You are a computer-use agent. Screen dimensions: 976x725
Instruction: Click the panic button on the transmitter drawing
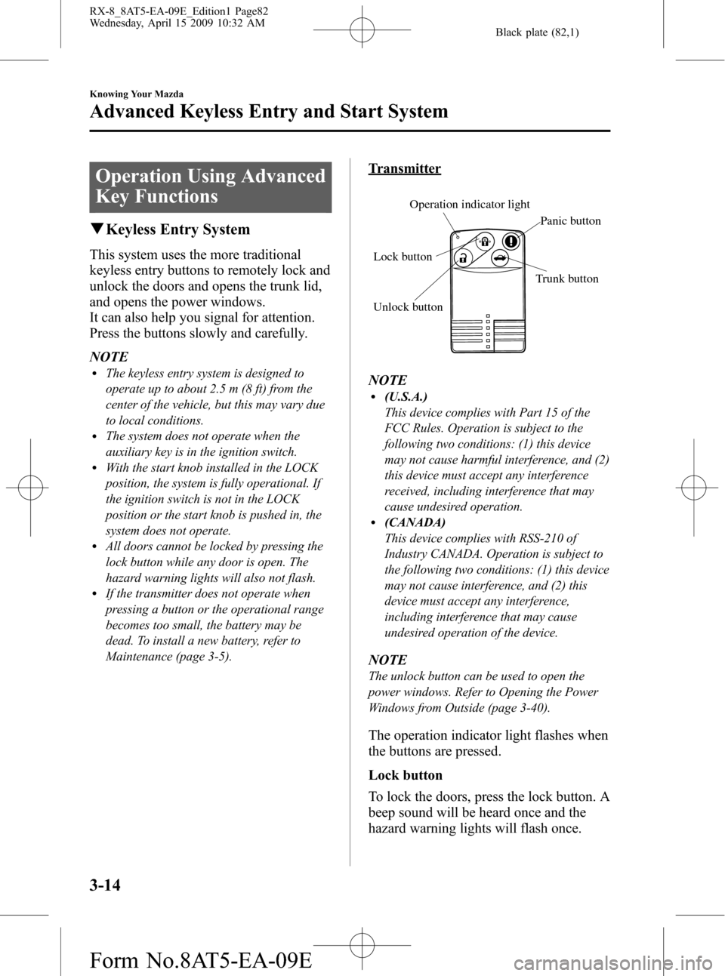512,242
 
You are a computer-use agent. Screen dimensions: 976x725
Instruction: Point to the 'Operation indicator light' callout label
469,204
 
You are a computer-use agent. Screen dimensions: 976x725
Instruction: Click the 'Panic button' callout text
571,220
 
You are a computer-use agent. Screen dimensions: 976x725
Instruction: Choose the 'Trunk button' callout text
566,279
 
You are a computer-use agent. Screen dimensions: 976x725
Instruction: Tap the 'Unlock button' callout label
408,306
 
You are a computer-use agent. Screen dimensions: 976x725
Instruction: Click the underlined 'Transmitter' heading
404,168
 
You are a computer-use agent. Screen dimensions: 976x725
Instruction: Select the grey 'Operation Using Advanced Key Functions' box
211,186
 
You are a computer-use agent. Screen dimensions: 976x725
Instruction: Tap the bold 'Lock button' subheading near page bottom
406,774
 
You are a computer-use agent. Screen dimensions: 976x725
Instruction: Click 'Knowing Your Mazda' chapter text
136,94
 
